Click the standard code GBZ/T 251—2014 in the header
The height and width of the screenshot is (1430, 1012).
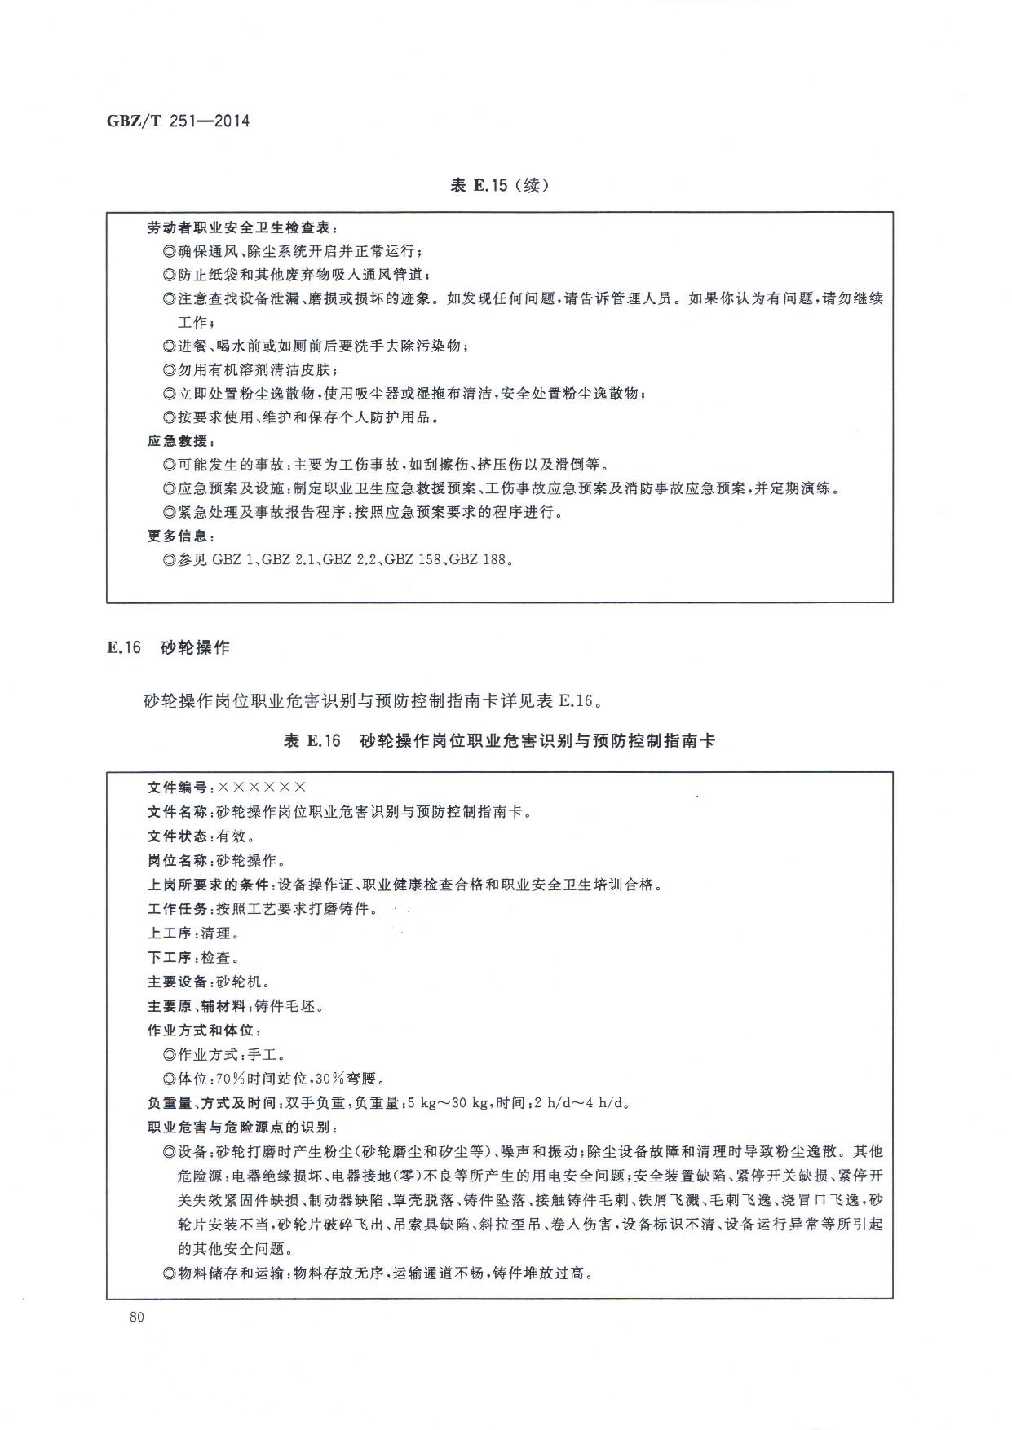click(x=178, y=121)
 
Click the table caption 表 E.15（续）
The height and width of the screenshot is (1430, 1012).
click(x=499, y=185)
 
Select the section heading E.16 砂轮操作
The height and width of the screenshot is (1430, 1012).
click(x=168, y=648)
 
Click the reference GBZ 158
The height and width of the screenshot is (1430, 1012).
click(x=412, y=560)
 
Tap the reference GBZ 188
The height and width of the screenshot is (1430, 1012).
click(x=478, y=560)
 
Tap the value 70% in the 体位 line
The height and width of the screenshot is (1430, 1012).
click(x=232, y=1079)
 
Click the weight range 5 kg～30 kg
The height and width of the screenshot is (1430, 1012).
click(x=445, y=1104)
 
